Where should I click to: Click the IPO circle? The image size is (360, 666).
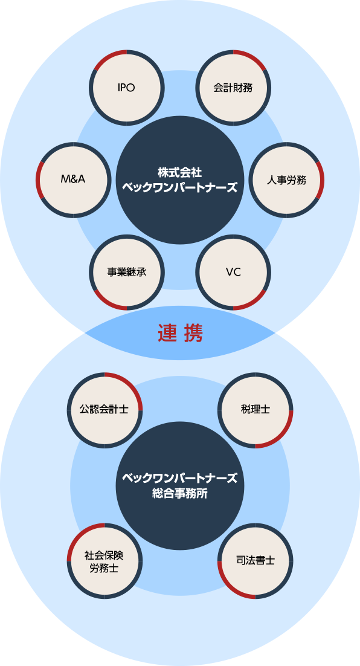126,87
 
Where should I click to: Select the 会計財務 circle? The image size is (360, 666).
233,87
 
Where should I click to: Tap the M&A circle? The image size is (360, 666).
73,179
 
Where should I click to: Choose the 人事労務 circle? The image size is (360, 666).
287,179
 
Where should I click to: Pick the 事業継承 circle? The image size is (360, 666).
126,272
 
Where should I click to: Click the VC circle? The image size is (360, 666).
233,272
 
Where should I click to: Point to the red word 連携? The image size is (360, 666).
180,333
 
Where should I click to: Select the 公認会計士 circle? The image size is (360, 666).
104,409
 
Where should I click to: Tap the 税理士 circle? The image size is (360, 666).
255,409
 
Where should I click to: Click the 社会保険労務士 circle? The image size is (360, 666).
104,560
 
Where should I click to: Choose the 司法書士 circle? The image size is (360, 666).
255,560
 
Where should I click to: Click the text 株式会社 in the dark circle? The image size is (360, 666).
180,172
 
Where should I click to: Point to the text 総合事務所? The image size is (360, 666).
180,493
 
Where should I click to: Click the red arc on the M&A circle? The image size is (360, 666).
38,179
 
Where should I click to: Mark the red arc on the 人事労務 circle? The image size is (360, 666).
321,179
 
